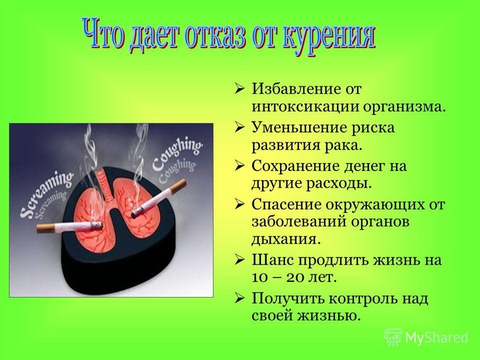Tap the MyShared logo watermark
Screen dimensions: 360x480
pyautogui.click(x=427, y=337)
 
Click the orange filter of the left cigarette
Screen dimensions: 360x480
pyautogui.click(x=47, y=228)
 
